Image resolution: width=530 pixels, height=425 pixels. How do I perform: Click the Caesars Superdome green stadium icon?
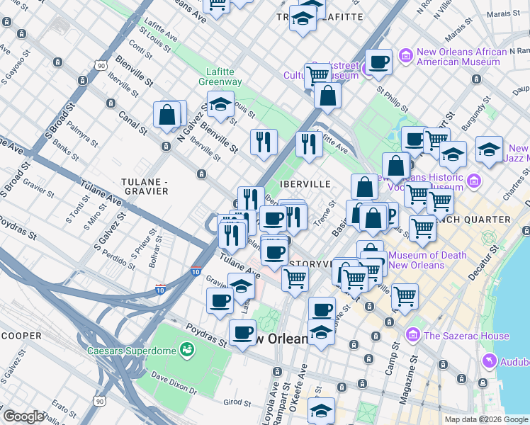tap(186, 349)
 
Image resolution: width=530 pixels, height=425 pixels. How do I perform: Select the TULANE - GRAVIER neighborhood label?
tap(145, 186)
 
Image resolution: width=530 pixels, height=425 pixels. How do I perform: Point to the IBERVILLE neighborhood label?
tap(305, 184)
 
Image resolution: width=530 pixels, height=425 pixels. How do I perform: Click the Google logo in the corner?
tap(23, 416)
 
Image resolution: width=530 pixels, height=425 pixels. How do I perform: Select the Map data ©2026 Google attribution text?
tap(485, 419)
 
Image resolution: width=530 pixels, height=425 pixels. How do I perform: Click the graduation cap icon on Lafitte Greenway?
tap(221, 103)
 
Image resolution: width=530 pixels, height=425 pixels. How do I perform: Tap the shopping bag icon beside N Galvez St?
tap(167, 115)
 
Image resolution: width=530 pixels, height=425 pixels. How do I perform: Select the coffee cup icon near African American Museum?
tap(379, 62)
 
